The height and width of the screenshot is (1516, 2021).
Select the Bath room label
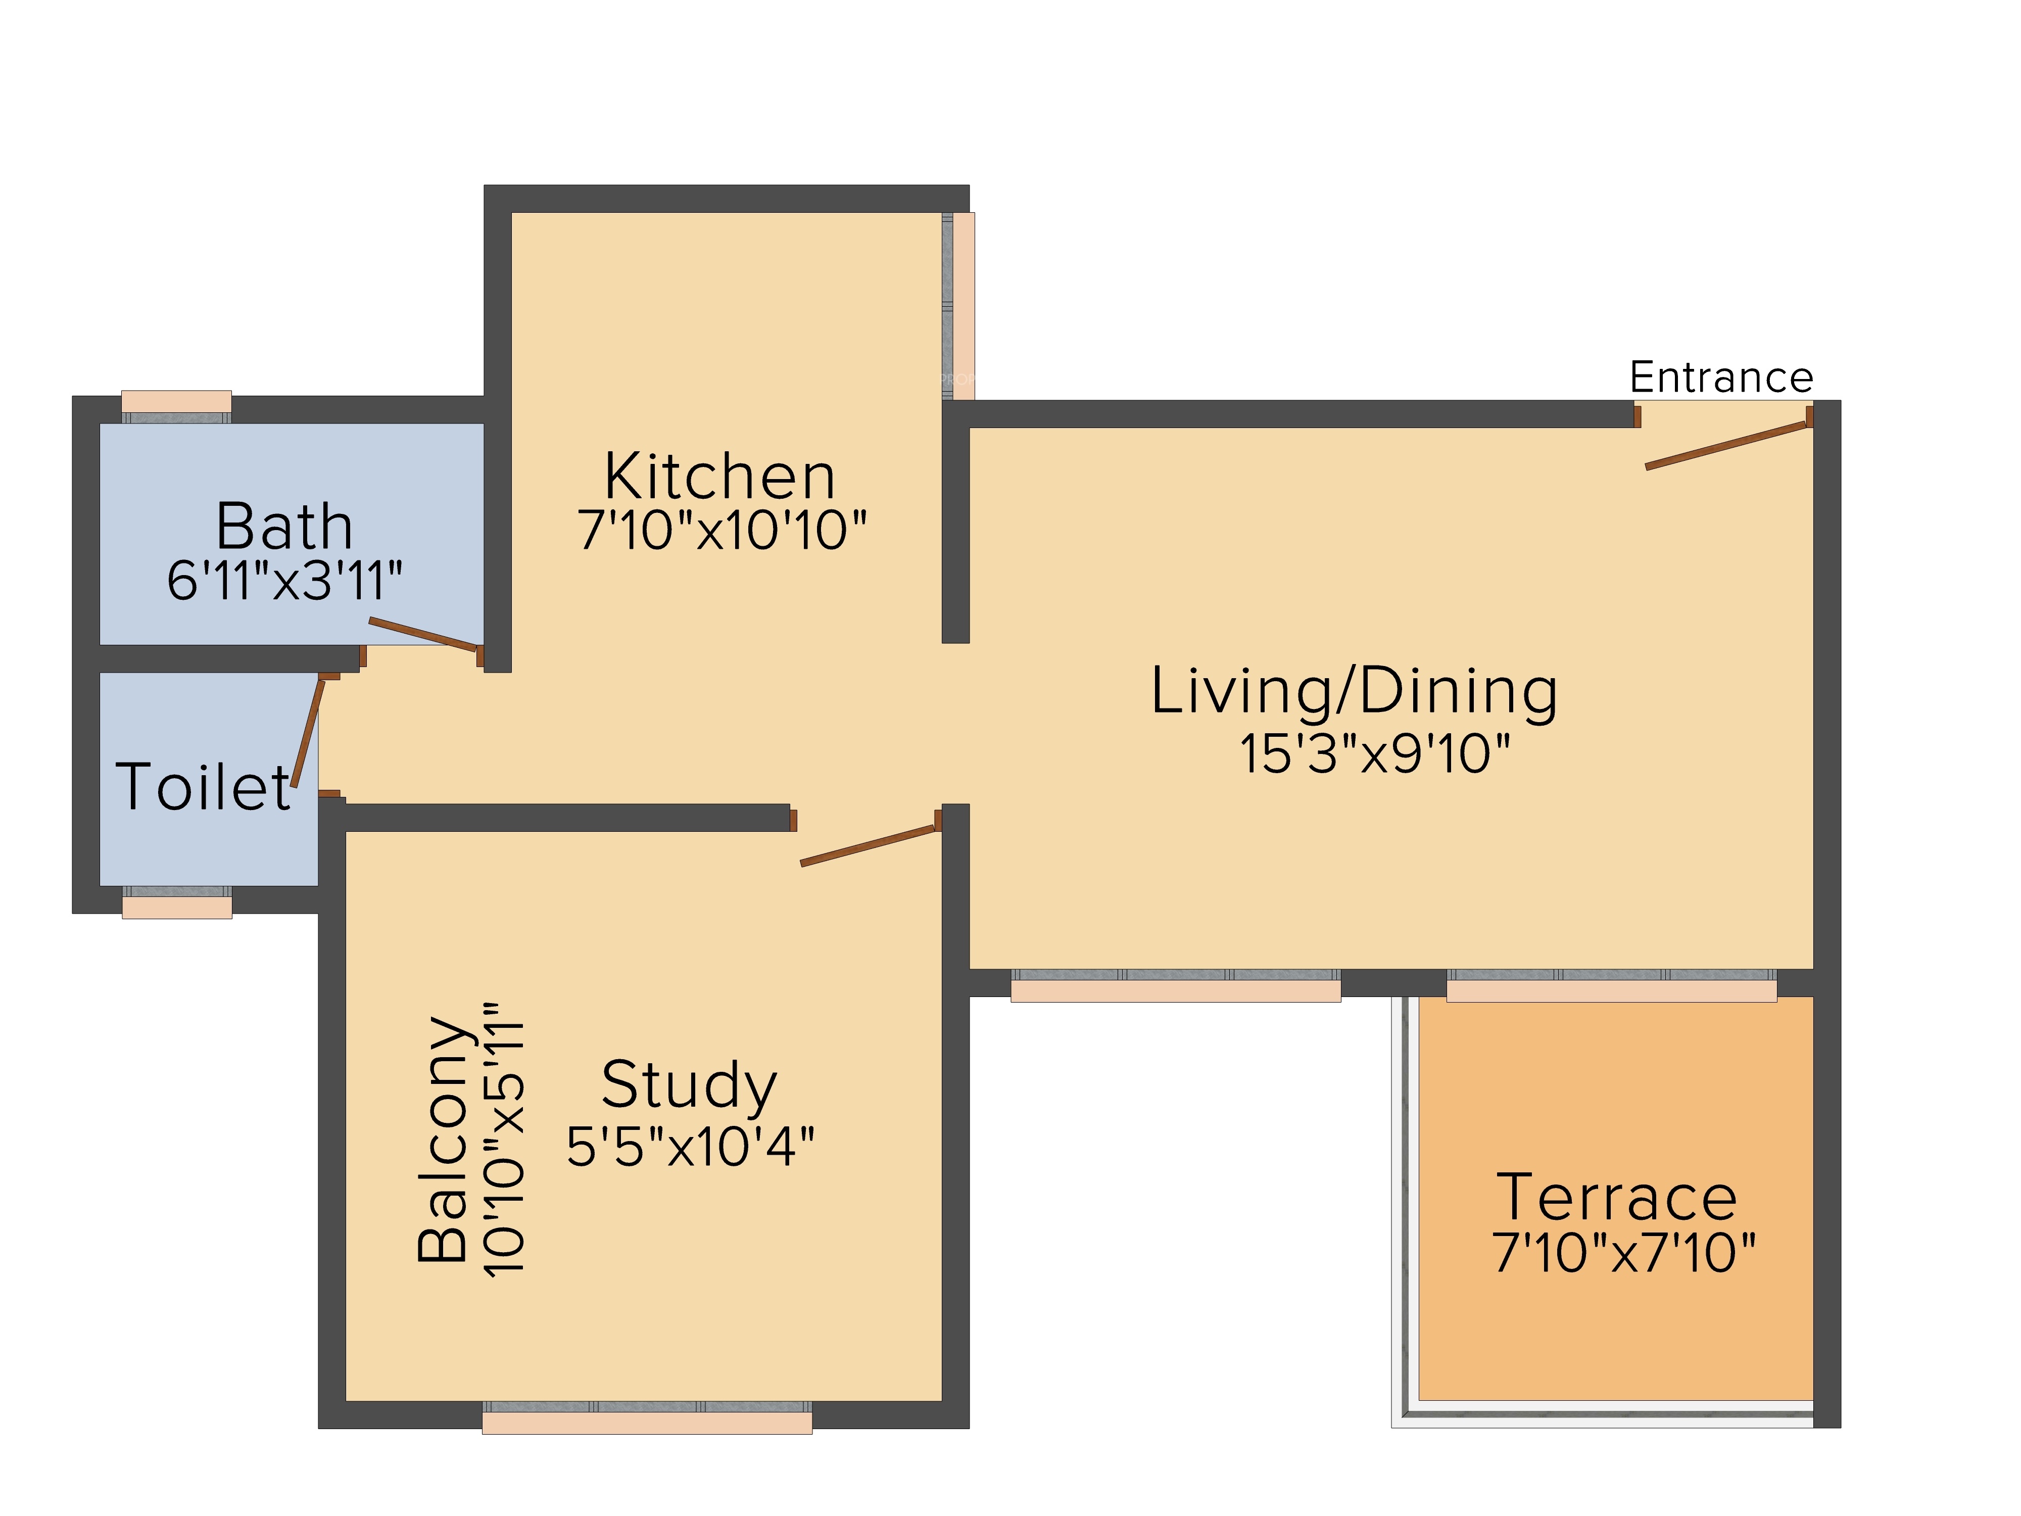click(x=284, y=527)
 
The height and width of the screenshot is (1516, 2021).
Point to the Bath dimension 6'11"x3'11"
click(x=284, y=580)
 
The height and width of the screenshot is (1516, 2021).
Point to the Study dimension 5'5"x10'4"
click(x=690, y=1146)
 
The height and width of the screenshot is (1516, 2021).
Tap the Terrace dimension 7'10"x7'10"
click(x=1623, y=1252)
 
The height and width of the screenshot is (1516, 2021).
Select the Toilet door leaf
click(x=308, y=732)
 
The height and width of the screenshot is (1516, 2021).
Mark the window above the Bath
click(x=176, y=407)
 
